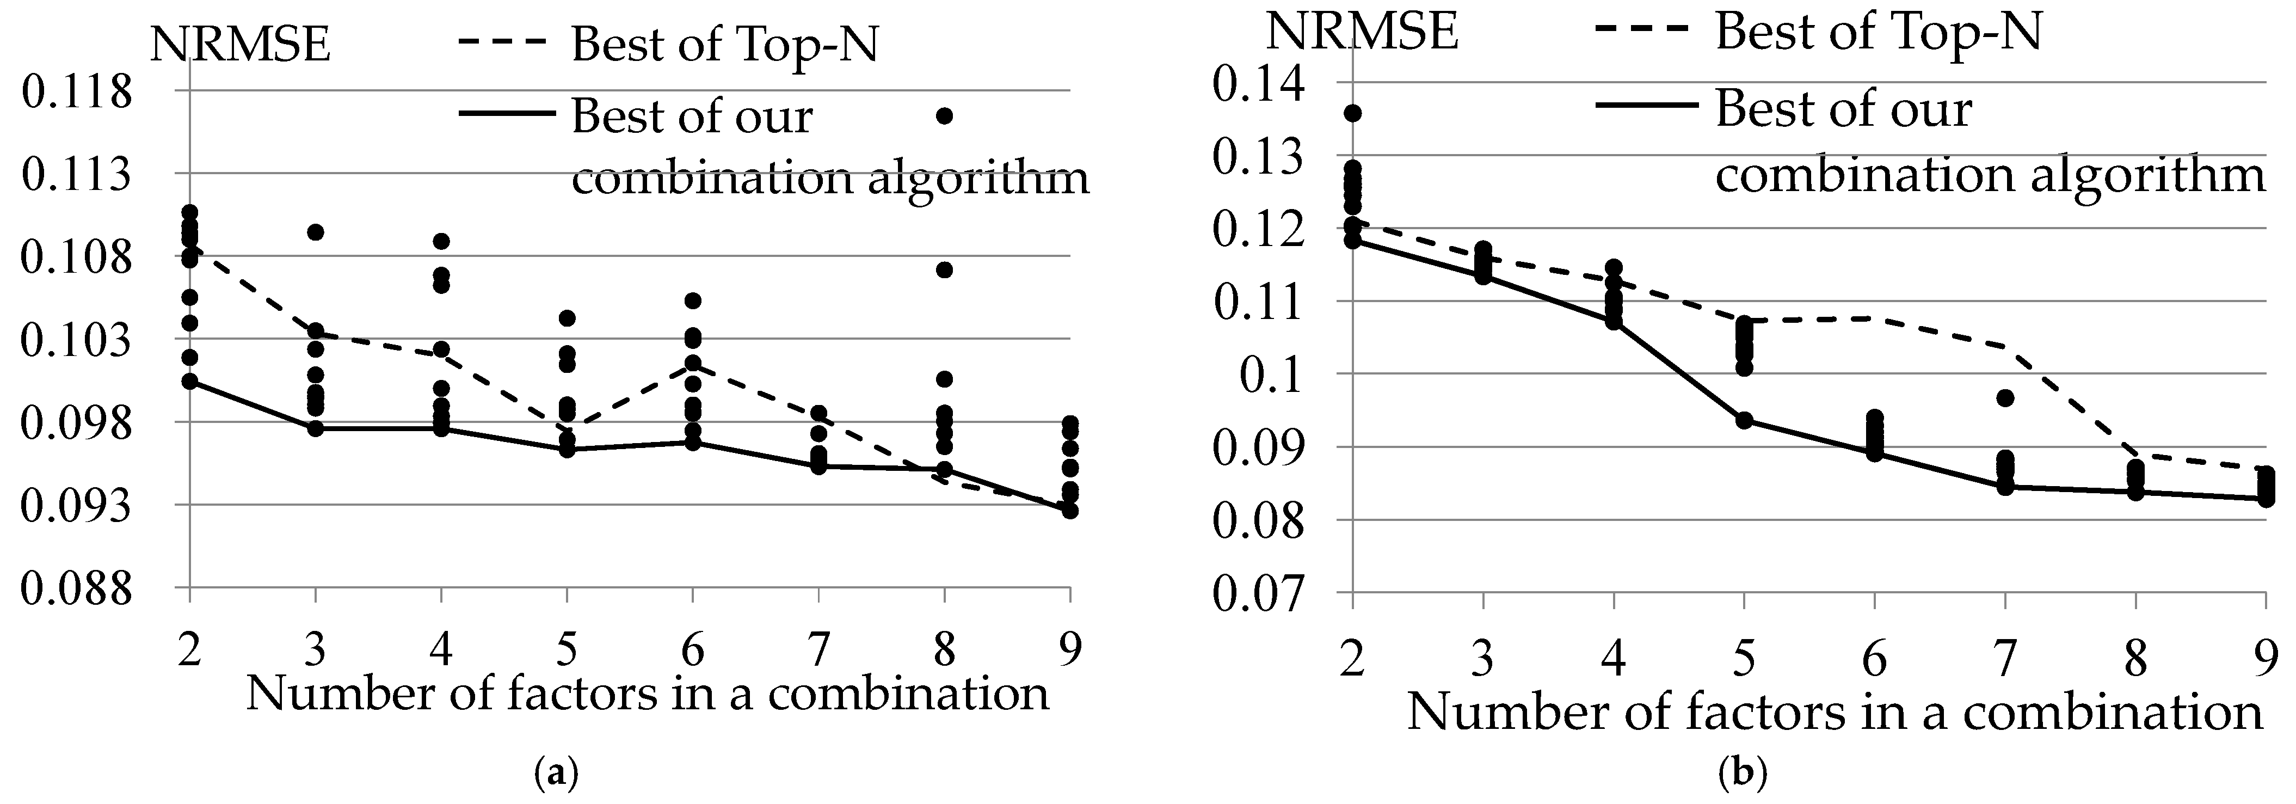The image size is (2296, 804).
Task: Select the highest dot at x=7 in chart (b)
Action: click(x=2005, y=398)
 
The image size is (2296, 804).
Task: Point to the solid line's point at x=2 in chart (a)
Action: click(x=189, y=382)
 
